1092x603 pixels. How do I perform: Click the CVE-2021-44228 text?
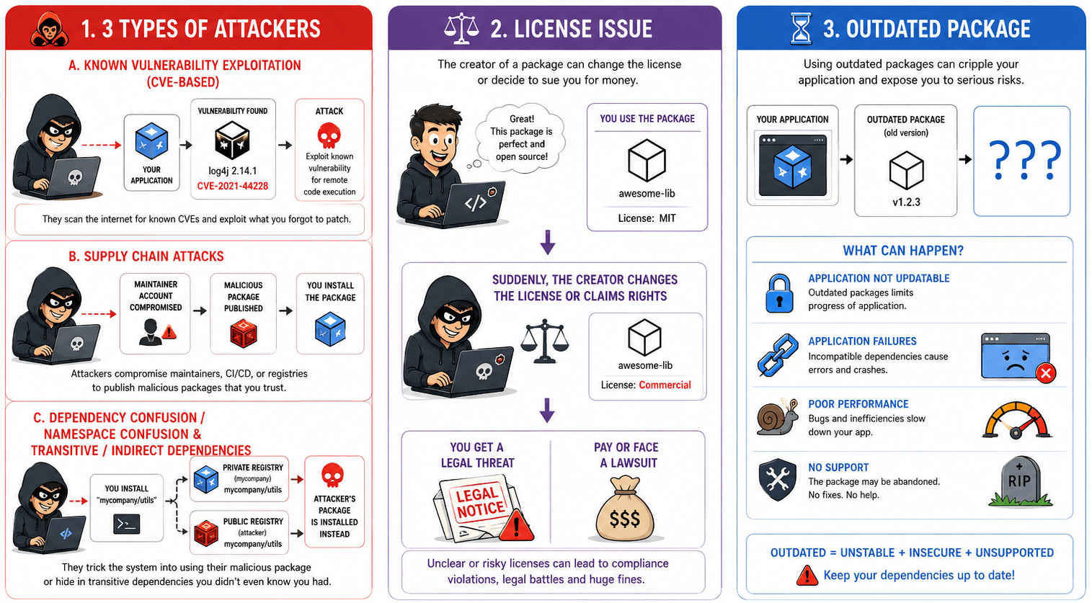233,186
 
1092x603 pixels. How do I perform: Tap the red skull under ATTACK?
329,135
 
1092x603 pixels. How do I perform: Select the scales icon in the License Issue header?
461,29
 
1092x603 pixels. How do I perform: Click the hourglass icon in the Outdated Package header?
801,29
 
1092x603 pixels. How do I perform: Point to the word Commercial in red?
665,385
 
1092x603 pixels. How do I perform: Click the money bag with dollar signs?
625,509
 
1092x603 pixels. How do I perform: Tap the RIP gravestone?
1019,481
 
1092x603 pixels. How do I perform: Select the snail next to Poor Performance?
778,416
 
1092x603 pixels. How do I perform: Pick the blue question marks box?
1022,161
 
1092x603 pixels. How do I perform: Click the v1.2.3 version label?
906,202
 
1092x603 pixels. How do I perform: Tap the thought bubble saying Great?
520,138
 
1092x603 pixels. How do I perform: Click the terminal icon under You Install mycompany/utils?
127,524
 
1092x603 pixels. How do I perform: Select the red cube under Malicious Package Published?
243,334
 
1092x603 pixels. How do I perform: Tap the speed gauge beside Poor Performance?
1017,419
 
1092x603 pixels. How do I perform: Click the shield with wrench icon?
778,480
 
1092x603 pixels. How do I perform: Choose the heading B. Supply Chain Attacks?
146,256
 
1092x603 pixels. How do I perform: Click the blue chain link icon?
778,355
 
